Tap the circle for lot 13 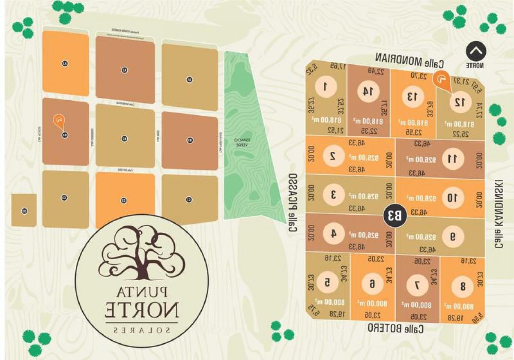coord(412,96)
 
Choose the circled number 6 coord(372,284)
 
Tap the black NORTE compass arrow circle coord(475,51)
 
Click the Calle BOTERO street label coord(396,329)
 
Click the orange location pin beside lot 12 coord(441,81)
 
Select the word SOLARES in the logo coord(142,330)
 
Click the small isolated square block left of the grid coord(24,210)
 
